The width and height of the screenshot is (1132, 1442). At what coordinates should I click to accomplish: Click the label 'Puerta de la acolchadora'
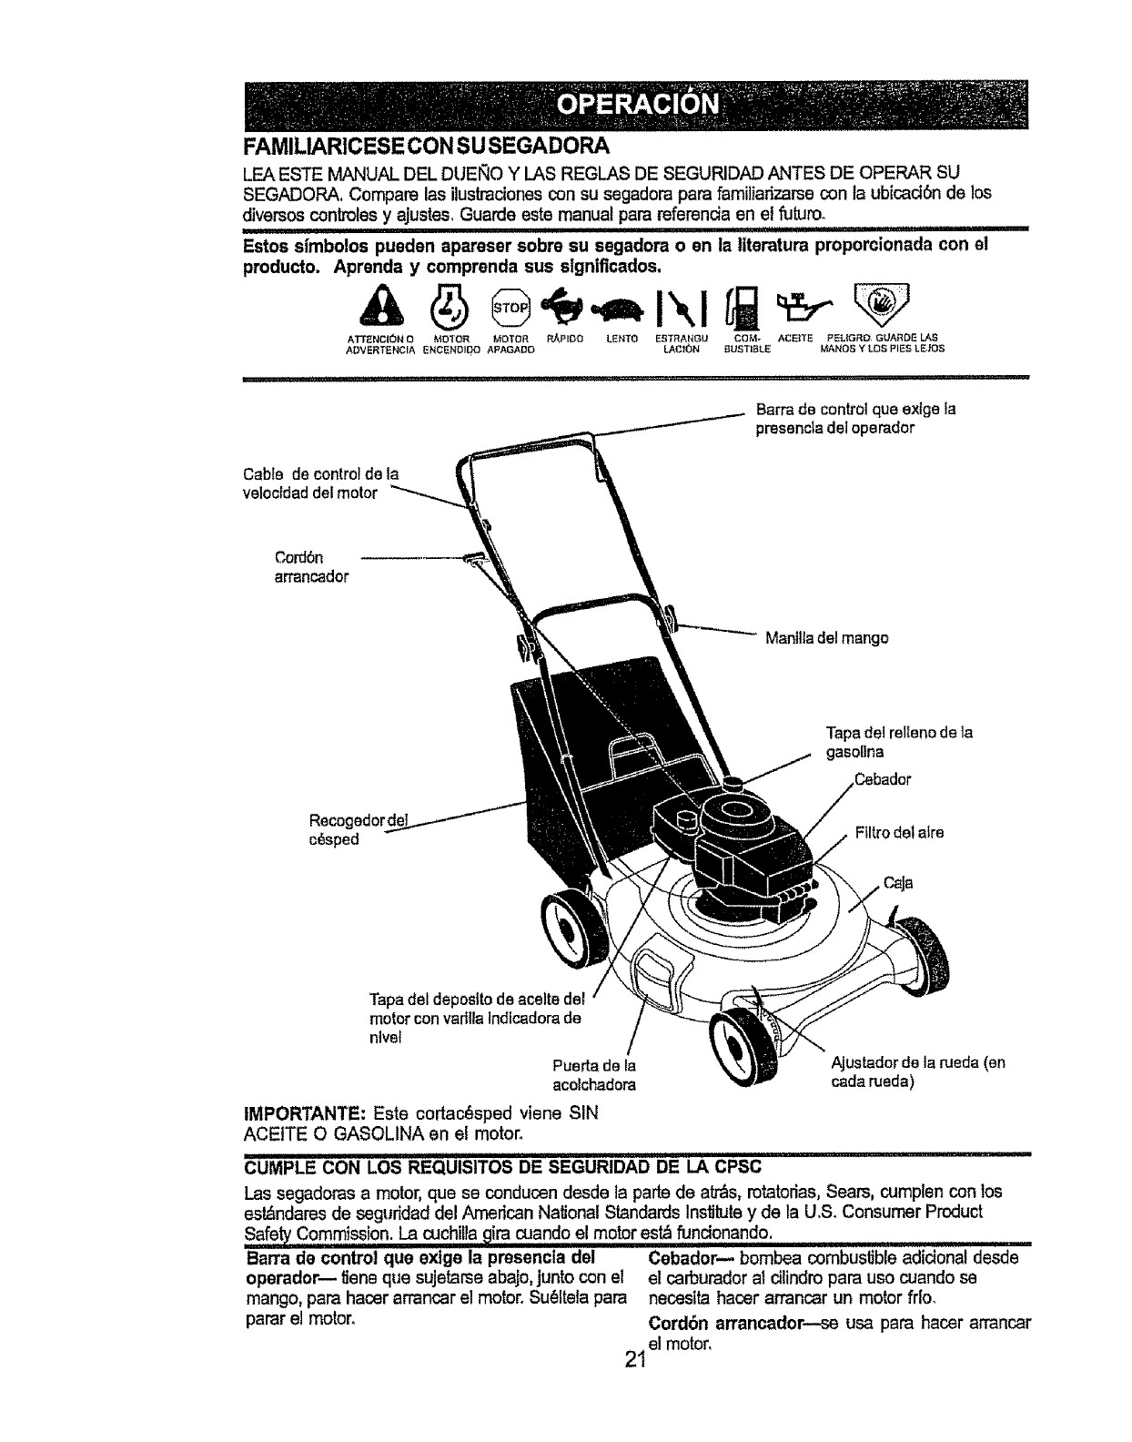593,1074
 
